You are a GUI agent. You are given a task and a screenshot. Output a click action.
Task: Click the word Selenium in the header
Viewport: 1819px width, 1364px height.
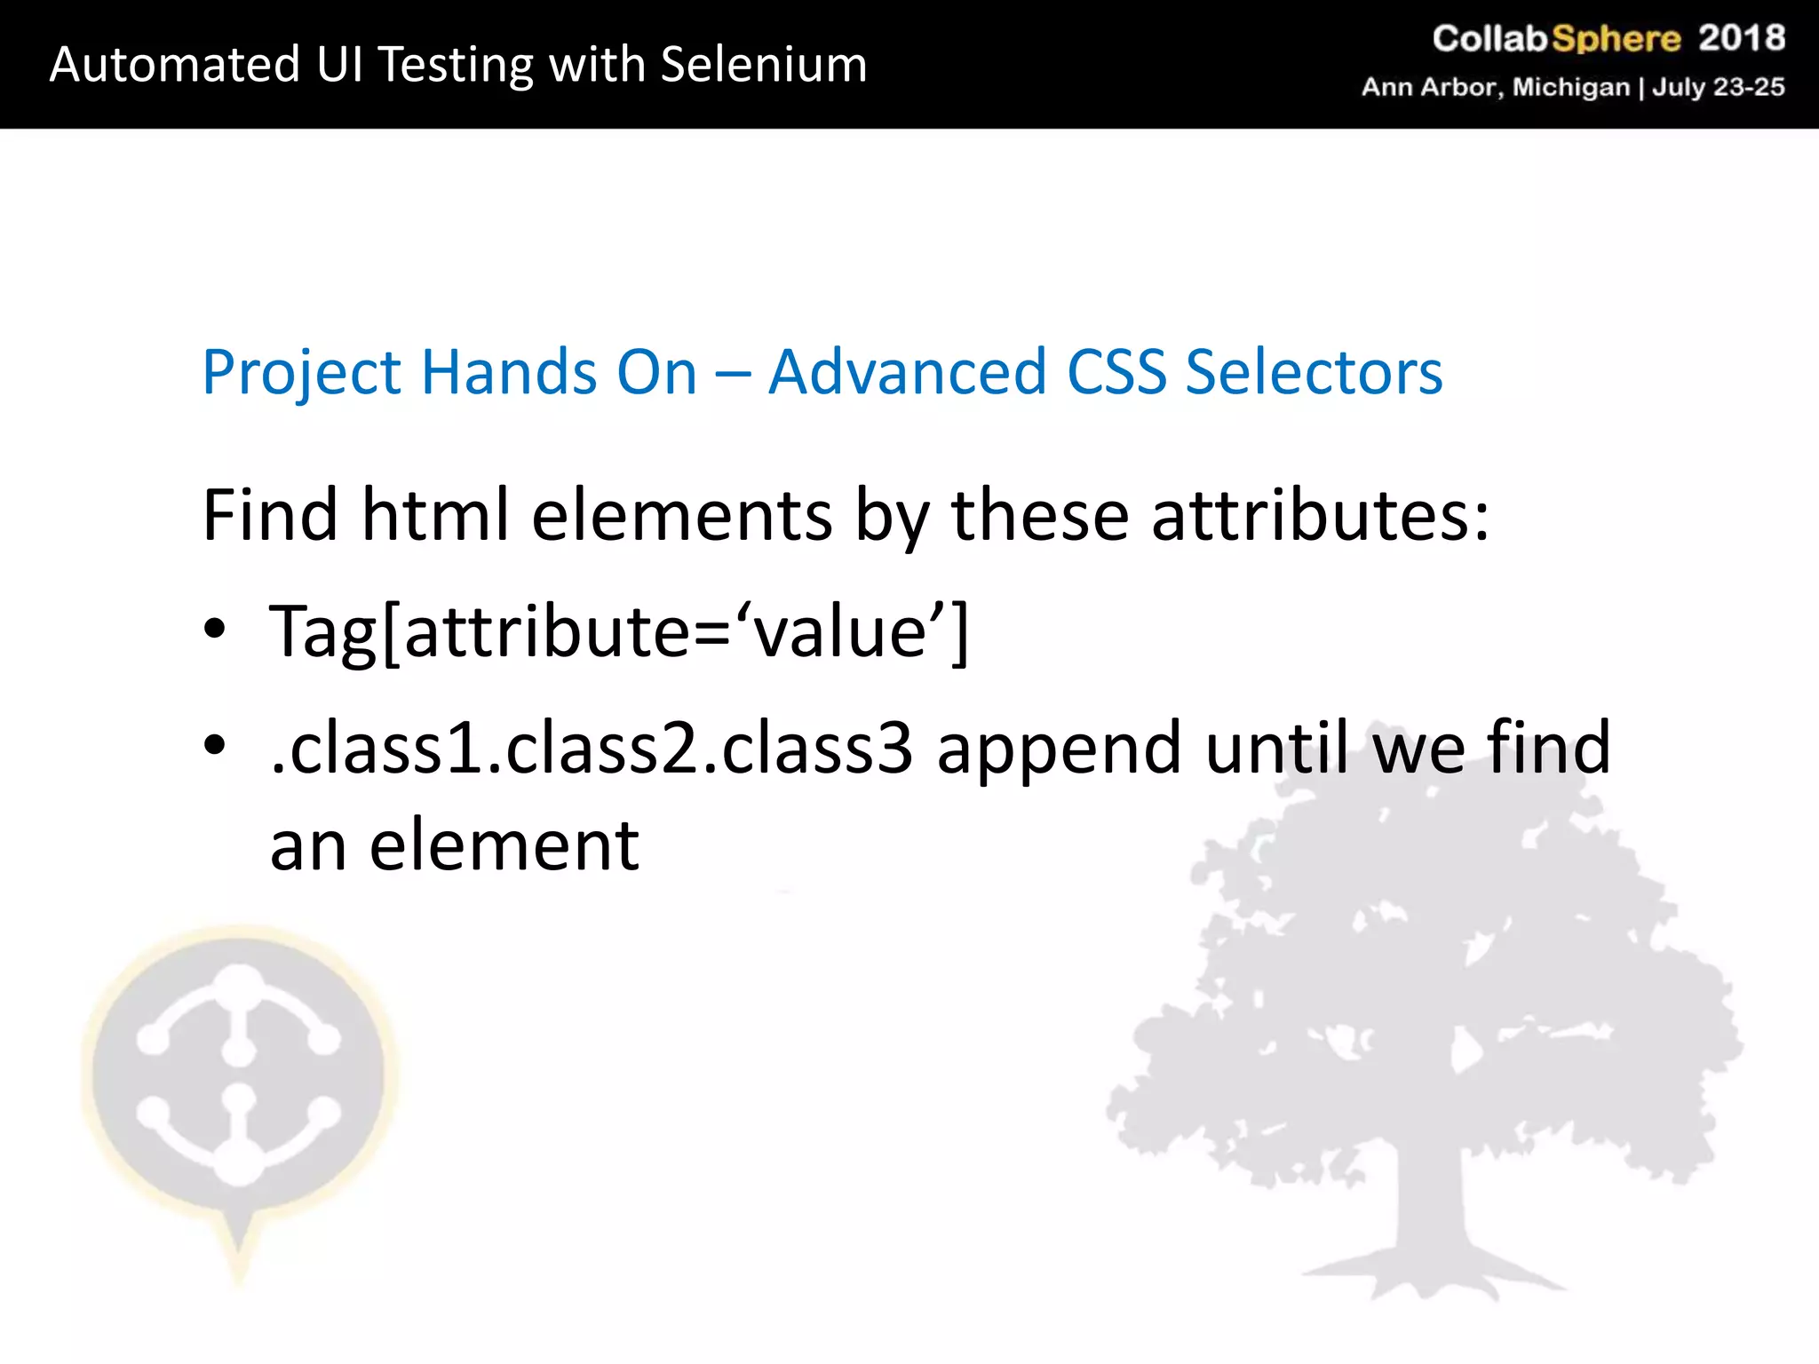[x=763, y=65]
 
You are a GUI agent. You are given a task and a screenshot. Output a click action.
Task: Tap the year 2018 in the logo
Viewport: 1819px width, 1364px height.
[x=1741, y=38]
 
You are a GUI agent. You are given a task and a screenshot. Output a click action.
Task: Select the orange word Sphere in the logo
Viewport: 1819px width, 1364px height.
[x=1616, y=39]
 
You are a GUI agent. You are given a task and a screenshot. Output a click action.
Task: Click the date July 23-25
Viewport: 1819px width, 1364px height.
[x=1718, y=87]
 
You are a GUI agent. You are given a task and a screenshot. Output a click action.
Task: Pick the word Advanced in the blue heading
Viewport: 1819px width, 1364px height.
[x=907, y=372]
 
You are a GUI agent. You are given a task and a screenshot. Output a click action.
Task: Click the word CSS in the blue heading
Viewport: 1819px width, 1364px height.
[x=1116, y=372]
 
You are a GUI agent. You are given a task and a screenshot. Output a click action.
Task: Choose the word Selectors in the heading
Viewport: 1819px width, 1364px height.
[x=1314, y=372]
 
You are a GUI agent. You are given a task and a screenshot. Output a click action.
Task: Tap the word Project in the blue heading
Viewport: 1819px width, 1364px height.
[x=301, y=374]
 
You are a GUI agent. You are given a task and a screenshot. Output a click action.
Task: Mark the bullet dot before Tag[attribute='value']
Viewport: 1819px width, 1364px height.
[x=215, y=630]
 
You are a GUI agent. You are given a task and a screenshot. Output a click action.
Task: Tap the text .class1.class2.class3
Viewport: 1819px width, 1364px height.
[x=591, y=748]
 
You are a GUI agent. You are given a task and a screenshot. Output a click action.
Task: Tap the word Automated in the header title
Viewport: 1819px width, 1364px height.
[x=175, y=65]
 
